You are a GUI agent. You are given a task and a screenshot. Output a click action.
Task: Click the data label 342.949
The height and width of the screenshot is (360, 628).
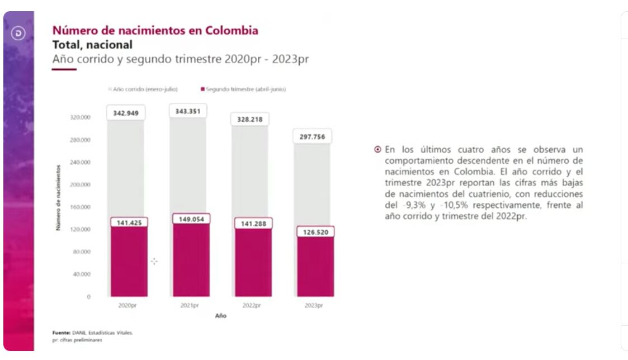pos(126,113)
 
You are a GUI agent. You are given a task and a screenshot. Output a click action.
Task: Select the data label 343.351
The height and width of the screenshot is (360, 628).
pos(188,111)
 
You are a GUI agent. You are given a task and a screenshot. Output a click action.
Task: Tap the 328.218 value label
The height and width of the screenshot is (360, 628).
pos(250,119)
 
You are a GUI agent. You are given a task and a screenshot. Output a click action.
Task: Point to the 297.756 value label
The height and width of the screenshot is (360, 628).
pos(312,137)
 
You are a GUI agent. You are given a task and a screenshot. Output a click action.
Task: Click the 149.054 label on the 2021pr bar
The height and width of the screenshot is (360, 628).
pos(191,219)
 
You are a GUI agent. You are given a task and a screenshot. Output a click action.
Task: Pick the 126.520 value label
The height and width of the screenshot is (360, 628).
pos(315,232)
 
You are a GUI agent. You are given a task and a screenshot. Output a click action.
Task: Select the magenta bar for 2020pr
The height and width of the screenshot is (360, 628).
pos(129,263)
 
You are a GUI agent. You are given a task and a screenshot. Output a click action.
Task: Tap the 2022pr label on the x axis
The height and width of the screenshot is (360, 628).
pos(252,306)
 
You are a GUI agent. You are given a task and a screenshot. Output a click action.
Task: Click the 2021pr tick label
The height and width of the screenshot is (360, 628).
pos(190,306)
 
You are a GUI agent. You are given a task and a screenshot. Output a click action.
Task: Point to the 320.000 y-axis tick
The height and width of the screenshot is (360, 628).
pos(80,117)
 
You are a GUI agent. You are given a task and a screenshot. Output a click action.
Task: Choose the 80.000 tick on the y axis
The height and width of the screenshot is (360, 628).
pos(82,252)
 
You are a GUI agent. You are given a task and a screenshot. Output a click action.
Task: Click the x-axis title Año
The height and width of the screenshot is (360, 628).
pos(221,316)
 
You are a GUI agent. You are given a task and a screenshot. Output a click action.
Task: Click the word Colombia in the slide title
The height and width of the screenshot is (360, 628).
pos(232,30)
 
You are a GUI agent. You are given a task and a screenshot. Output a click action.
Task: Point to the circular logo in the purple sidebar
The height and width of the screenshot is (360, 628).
pos(18,34)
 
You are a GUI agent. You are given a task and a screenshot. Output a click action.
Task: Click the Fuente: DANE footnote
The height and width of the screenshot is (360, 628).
pos(92,333)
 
